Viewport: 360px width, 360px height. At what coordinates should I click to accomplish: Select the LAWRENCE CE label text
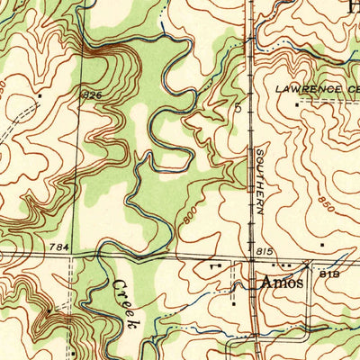click(x=316, y=90)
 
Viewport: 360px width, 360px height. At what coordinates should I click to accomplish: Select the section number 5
click(x=238, y=107)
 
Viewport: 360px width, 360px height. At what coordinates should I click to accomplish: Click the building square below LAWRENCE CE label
click(x=297, y=104)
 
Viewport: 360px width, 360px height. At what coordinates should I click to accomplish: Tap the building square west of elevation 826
click(x=40, y=94)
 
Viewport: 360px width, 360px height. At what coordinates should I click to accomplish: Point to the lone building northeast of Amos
click(x=321, y=244)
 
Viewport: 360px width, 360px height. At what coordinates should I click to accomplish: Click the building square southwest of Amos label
click(x=234, y=302)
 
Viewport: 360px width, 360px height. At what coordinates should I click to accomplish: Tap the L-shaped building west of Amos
click(x=212, y=267)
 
